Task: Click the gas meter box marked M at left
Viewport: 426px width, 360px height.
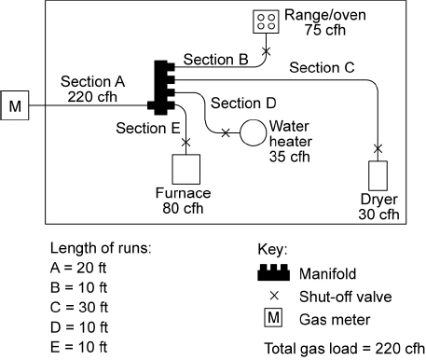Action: [x=15, y=106]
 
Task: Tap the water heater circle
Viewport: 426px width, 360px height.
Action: [x=253, y=133]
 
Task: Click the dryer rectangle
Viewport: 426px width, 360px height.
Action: [x=378, y=176]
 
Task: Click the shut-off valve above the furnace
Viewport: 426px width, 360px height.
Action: [x=186, y=143]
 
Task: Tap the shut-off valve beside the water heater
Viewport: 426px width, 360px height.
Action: [x=226, y=133]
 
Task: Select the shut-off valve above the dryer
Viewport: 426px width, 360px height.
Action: [x=378, y=148]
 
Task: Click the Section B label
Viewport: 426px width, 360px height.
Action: [x=215, y=59]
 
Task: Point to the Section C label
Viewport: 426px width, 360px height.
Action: [x=322, y=67]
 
